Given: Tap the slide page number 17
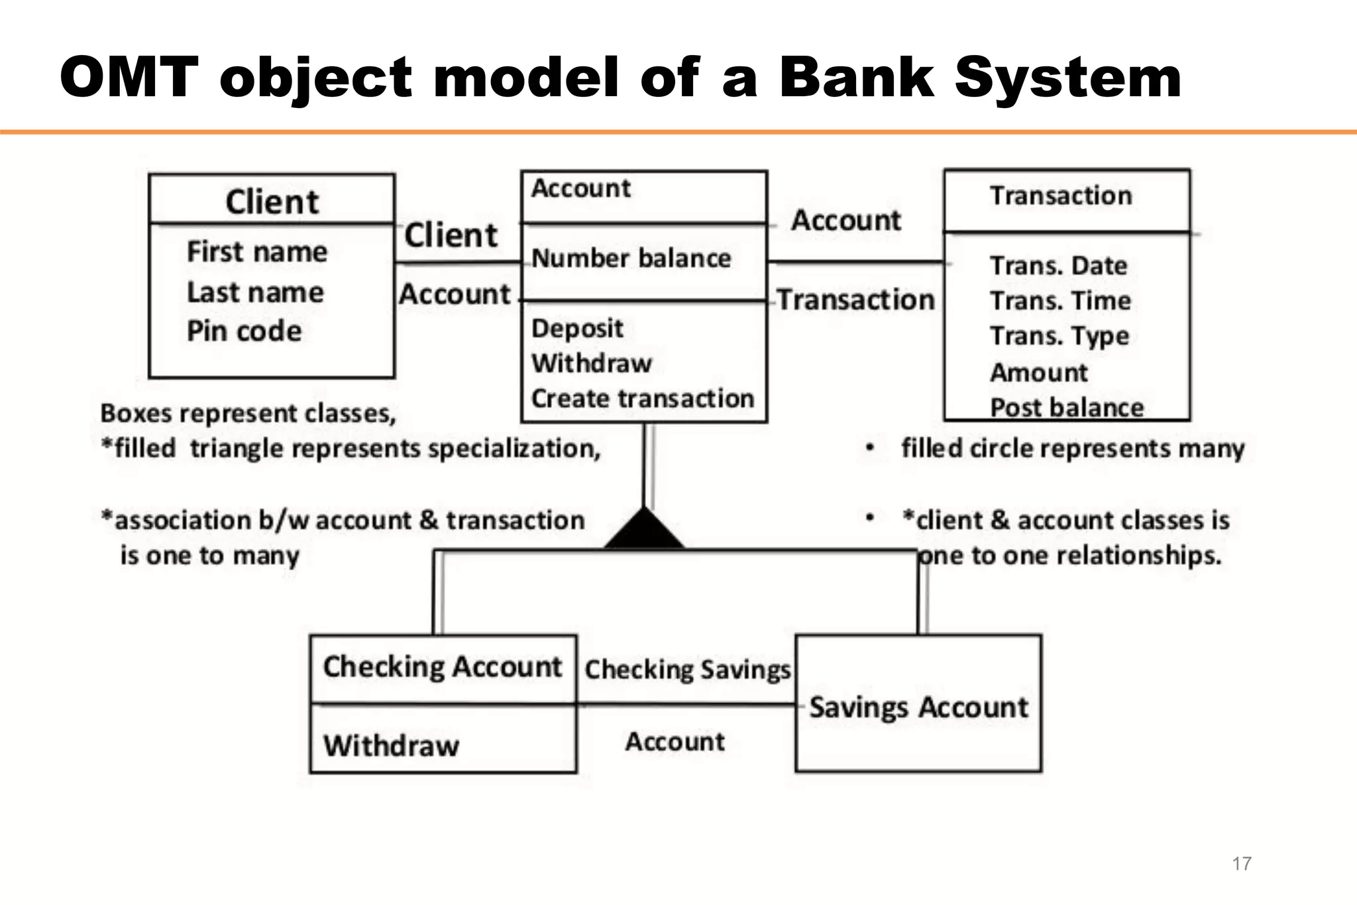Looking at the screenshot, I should click(x=1241, y=863).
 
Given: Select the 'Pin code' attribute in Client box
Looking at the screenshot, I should click(x=244, y=331).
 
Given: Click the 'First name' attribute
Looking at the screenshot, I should click(x=257, y=252).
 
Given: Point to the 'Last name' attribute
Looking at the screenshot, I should click(x=255, y=292).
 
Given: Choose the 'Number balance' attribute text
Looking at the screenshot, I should click(x=631, y=258).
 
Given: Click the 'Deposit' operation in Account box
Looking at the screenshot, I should click(x=577, y=328).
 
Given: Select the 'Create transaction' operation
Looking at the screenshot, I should click(x=642, y=398).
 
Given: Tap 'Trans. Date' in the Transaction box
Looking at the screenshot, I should click(x=1058, y=266).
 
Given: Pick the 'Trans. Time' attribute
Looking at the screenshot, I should click(x=1060, y=301).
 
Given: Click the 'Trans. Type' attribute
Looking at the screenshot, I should click(x=1059, y=336).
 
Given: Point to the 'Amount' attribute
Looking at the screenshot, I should click(x=1038, y=373).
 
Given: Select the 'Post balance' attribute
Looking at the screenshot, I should click(x=1067, y=407).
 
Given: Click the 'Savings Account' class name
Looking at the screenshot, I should click(x=918, y=707).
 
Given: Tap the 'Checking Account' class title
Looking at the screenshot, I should click(x=442, y=667).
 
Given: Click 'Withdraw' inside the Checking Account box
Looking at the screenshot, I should click(x=391, y=746).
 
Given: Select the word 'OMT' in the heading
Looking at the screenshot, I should click(x=129, y=78).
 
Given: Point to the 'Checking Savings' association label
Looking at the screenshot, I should click(x=687, y=670).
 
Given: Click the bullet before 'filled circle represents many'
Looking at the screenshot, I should click(x=870, y=449).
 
